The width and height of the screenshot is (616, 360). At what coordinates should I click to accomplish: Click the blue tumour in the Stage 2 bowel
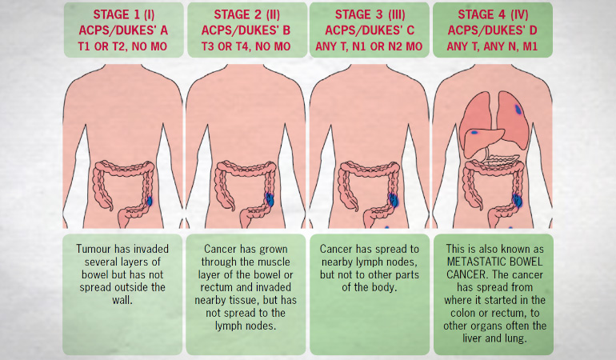pos(270,199)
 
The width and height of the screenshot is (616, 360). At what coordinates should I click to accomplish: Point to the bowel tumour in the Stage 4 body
pos(517,199)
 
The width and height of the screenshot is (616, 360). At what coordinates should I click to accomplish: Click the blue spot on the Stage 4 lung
pos(519,108)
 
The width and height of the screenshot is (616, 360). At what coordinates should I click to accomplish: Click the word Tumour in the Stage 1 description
pos(94,248)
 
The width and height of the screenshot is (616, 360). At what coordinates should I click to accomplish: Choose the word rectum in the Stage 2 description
pos(210,286)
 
